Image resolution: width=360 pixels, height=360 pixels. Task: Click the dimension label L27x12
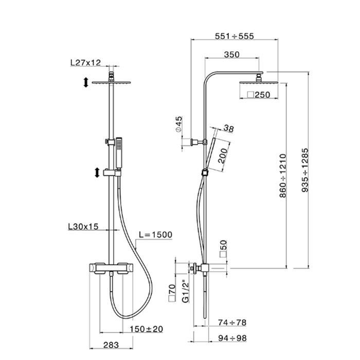[85, 63]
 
